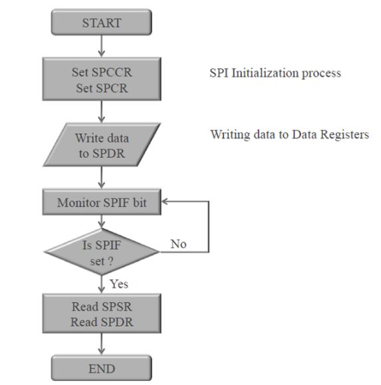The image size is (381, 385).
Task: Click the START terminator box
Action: click(x=102, y=22)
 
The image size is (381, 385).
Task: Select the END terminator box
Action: click(x=102, y=368)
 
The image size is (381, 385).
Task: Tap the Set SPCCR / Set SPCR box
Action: click(x=102, y=79)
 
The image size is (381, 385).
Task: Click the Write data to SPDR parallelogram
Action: click(x=102, y=145)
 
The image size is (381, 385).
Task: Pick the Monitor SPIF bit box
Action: click(x=102, y=202)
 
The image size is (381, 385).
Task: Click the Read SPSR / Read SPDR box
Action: click(x=102, y=313)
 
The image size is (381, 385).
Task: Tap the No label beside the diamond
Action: click(x=178, y=244)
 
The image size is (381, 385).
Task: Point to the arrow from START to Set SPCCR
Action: click(x=102, y=46)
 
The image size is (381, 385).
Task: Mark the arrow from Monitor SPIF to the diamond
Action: click(x=102, y=222)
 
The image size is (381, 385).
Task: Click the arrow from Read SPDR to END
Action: click(x=102, y=344)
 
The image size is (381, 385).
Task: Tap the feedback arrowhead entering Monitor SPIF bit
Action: click(x=166, y=201)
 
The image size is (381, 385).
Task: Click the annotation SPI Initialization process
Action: click(x=275, y=73)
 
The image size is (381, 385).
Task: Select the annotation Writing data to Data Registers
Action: click(x=289, y=135)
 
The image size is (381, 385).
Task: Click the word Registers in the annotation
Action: click(x=346, y=135)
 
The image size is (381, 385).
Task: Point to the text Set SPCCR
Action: click(x=102, y=72)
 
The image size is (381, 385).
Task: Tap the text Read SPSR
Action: click(x=102, y=307)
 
